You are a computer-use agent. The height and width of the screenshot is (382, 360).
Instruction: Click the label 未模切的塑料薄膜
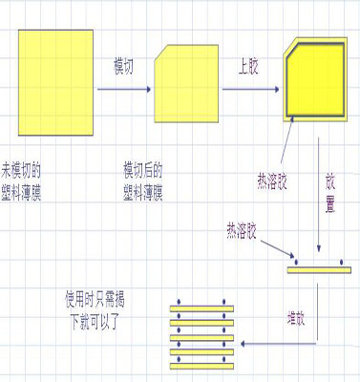(23, 178)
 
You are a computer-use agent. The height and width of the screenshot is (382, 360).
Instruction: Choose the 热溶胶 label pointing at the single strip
(243, 230)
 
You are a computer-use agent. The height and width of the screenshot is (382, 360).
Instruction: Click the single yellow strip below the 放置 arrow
(318, 268)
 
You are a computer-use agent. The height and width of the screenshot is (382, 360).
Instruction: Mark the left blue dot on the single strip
(296, 261)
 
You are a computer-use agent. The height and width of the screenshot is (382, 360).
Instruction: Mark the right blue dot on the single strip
(341, 261)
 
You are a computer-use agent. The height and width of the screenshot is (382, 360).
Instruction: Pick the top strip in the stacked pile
(201, 309)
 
